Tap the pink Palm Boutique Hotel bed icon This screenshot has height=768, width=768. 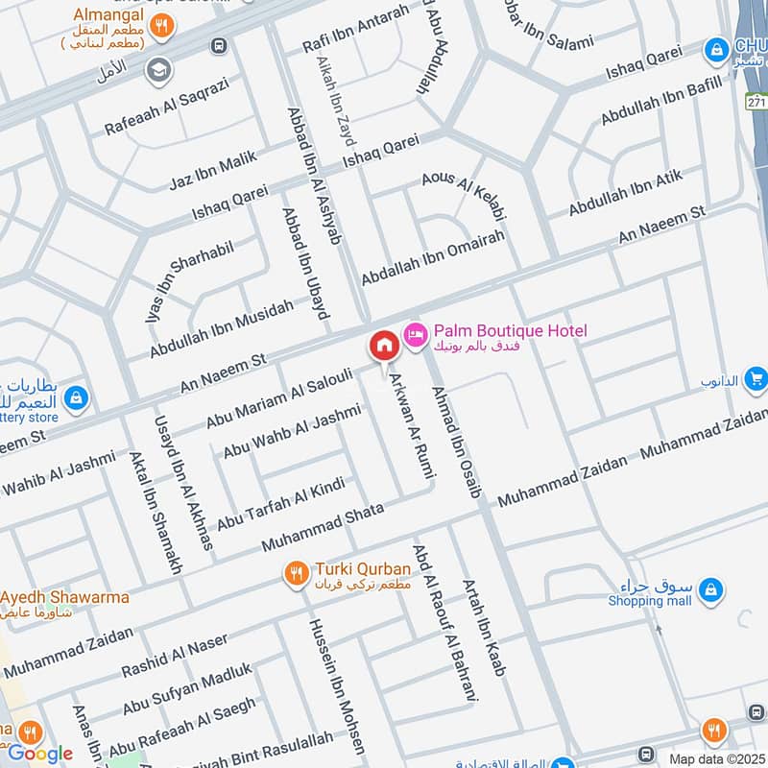click(417, 334)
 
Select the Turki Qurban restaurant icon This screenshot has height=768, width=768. click(296, 573)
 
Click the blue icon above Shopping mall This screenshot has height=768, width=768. click(710, 587)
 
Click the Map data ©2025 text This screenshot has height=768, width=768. click(717, 758)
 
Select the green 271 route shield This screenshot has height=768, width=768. click(756, 101)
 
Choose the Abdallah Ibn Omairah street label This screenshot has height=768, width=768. click(432, 258)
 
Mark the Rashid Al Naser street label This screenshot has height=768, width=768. click(175, 655)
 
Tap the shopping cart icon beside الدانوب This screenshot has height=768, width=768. click(756, 378)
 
